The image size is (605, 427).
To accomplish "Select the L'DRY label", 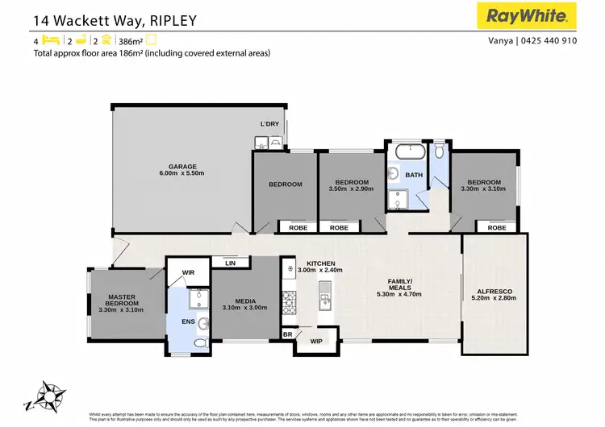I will pyautogui.click(x=269, y=123).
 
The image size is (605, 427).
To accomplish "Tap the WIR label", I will pyautogui.click(x=189, y=273).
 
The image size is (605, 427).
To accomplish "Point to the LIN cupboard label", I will pyautogui.click(x=230, y=263).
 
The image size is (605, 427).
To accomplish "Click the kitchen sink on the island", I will pyautogui.click(x=325, y=303).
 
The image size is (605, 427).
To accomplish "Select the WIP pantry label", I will pyautogui.click(x=316, y=342).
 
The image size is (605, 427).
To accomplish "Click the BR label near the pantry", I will pyautogui.click(x=287, y=334).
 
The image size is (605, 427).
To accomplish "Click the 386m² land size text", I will pyautogui.click(x=130, y=39).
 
